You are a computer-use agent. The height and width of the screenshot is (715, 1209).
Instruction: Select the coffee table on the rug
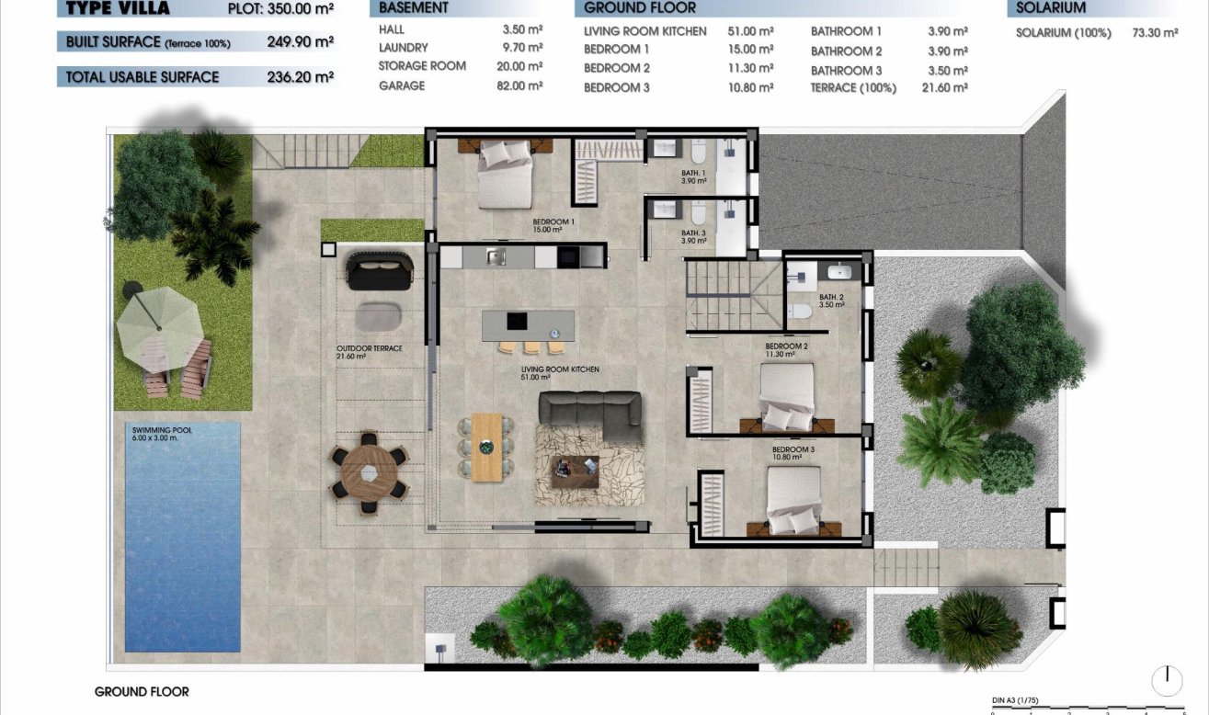574,471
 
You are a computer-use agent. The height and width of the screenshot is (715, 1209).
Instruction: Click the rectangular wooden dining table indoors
487,447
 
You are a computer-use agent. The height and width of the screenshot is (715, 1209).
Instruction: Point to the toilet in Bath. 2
800,311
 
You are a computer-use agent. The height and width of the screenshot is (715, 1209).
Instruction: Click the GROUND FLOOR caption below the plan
142,691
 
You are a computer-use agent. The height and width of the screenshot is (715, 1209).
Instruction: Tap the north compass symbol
1167,680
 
